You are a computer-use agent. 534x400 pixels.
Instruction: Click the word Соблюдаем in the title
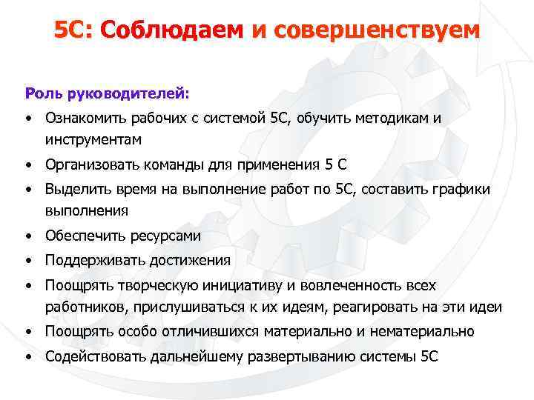tap(171, 30)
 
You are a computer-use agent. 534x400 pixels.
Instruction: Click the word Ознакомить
tap(85, 117)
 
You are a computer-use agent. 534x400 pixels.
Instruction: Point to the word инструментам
tap(93, 139)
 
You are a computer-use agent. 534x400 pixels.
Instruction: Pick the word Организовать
tap(90, 164)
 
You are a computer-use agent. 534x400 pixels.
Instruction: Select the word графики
tap(457, 189)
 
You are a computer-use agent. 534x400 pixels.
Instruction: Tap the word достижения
tap(190, 260)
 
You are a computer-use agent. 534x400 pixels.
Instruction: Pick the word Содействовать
tap(94, 356)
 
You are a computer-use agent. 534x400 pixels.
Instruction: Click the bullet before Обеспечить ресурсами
tap(27, 236)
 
